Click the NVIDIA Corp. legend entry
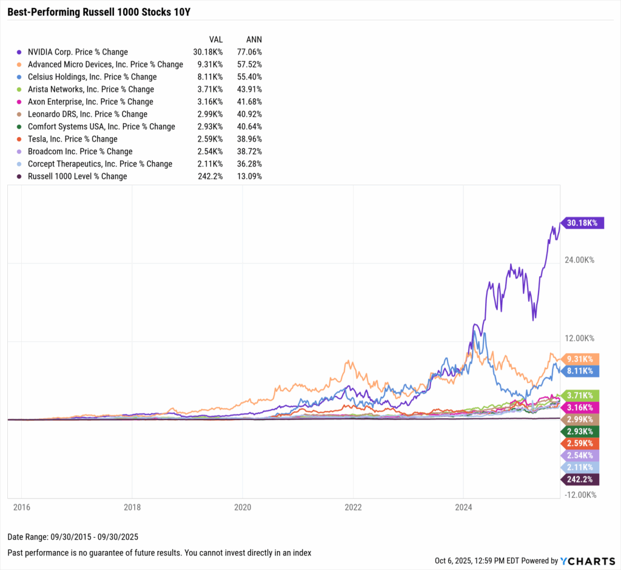click(x=78, y=52)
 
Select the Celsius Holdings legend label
click(x=92, y=77)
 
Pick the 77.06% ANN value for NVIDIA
click(x=250, y=52)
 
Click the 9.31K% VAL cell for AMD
click(x=210, y=64)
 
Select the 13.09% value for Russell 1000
click(x=250, y=176)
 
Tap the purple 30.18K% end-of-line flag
click(x=581, y=223)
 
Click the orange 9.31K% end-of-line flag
click(x=581, y=359)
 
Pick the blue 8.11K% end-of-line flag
click(x=581, y=370)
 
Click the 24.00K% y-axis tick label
click(x=579, y=260)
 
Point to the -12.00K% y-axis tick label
click(x=579, y=495)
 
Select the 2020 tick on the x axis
click(x=243, y=506)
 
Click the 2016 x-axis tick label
click(x=21, y=506)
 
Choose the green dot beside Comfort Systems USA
click(x=21, y=127)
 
